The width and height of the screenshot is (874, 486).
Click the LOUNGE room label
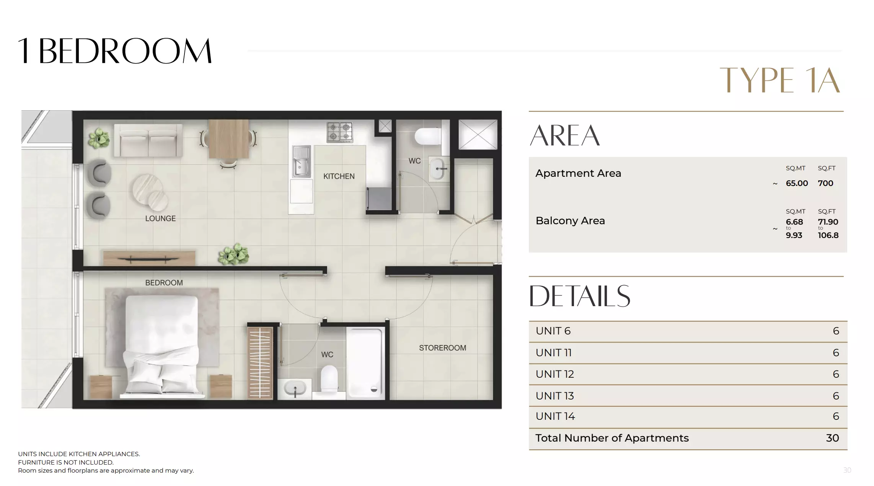pyautogui.click(x=160, y=219)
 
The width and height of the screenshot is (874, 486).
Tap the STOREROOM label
pyautogui.click(x=442, y=348)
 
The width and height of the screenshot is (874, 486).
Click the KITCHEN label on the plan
pyautogui.click(x=339, y=176)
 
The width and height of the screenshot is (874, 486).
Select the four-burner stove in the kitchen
pyautogui.click(x=339, y=132)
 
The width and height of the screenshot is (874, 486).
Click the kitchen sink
pyautogui.click(x=301, y=161)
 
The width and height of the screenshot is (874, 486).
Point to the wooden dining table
pyautogui.click(x=228, y=139)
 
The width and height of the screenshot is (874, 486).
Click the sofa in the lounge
pyautogui.click(x=148, y=140)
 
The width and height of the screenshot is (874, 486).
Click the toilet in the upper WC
pyautogui.click(x=428, y=136)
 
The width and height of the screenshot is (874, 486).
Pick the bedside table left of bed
pyautogui.click(x=101, y=387)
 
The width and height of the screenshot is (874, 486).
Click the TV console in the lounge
pyautogui.click(x=149, y=258)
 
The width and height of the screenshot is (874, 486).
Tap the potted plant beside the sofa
pyautogui.click(x=99, y=138)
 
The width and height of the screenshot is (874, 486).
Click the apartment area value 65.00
pyautogui.click(x=797, y=183)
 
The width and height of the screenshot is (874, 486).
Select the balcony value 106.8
pyautogui.click(x=828, y=235)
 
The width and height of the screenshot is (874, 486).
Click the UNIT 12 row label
pyautogui.click(x=555, y=374)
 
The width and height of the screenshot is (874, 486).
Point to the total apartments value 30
pyautogui.click(x=832, y=438)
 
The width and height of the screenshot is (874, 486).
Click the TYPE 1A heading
pyautogui.click(x=779, y=80)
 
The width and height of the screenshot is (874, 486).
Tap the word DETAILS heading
pyautogui.click(x=579, y=296)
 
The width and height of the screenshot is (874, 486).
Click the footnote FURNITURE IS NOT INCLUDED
pyautogui.click(x=66, y=462)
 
